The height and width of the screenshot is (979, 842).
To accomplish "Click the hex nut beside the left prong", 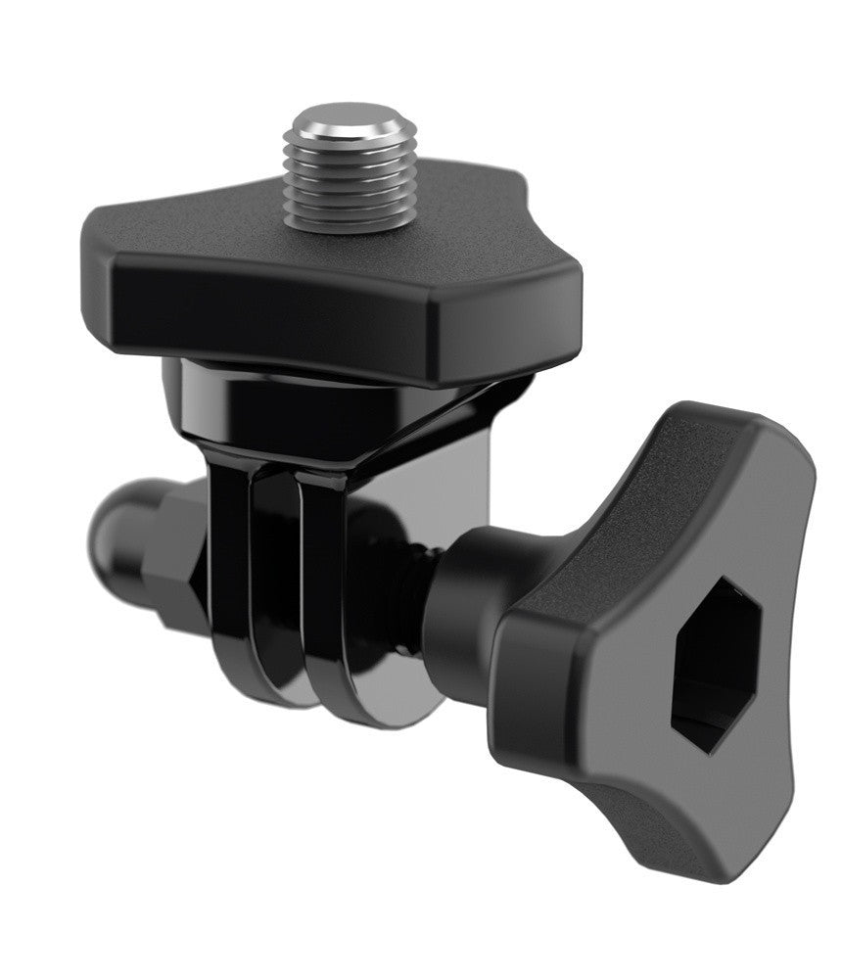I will (x=176, y=558).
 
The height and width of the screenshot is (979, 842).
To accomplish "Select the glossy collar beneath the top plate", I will (x=294, y=401).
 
